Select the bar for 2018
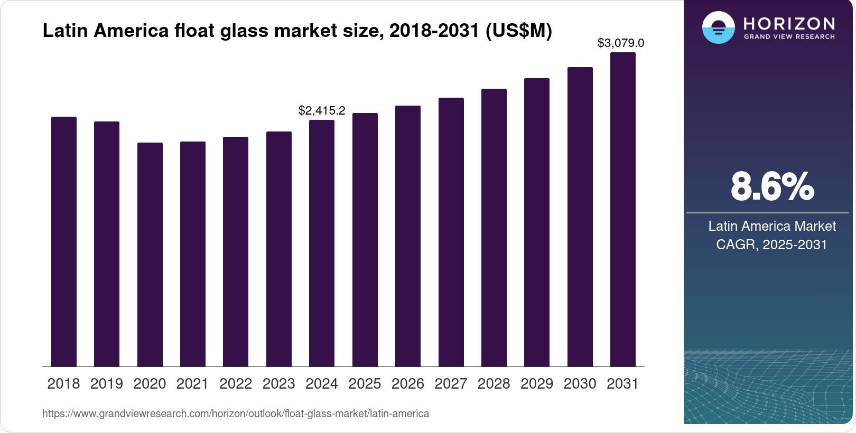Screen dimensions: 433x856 pos(64,241)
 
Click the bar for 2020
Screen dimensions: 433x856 pos(150,255)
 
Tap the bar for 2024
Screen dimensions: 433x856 pos(322,243)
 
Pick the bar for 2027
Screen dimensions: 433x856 pos(451,232)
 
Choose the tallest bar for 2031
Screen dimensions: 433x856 pos(623,209)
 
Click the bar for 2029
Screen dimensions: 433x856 pos(537,222)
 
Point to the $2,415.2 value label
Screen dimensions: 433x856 pos(322,110)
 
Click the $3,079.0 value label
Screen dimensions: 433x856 pos(621,43)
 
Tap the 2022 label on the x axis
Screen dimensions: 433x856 pos(236,383)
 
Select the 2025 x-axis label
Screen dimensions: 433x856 pos(365,383)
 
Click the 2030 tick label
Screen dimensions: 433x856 pos(580,383)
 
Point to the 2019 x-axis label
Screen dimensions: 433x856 pos(107,383)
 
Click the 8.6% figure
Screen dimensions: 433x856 pos(772,186)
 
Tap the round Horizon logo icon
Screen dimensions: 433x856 pos(718,27)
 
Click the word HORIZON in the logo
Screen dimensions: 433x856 pos(789,23)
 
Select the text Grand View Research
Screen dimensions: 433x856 pos(789,37)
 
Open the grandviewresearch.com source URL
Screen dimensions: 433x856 pos(236,413)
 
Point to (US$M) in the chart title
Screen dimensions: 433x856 pos(518,31)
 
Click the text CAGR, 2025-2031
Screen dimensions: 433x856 pos(771,244)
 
